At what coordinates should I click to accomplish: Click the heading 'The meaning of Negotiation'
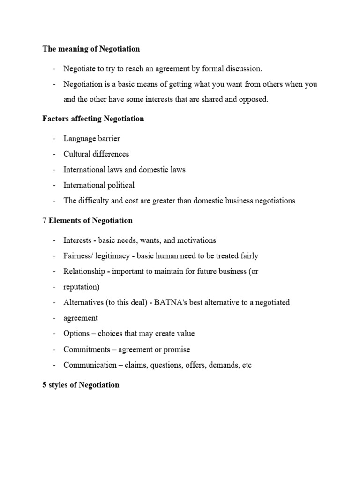(x=91, y=49)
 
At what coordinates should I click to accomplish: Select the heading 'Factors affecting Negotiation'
(x=93, y=119)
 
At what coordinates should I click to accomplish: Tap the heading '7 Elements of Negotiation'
(x=88, y=220)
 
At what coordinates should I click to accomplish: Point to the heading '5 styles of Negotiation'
(x=81, y=385)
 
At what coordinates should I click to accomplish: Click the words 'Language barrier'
(x=92, y=139)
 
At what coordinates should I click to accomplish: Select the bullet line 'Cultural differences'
(x=96, y=154)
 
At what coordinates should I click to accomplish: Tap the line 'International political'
(x=99, y=185)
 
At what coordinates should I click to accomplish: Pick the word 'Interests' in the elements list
(x=77, y=240)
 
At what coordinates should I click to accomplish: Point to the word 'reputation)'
(x=81, y=287)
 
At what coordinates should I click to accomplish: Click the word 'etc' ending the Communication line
(x=246, y=365)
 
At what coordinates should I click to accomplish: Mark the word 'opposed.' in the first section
(x=254, y=100)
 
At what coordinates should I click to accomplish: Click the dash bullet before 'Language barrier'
(x=55, y=139)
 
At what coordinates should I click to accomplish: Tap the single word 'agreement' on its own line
(x=81, y=318)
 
